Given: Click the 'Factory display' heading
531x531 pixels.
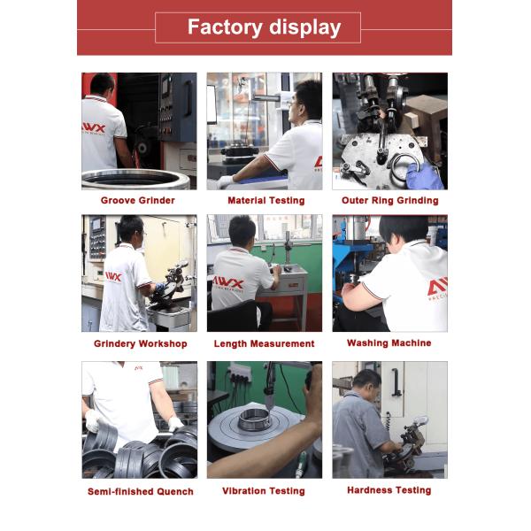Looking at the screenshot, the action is tap(264, 27).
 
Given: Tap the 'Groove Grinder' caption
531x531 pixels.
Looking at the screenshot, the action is tap(138, 201).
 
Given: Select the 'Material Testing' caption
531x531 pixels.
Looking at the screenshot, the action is tap(266, 201).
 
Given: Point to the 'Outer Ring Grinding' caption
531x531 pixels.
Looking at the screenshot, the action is tap(389, 201).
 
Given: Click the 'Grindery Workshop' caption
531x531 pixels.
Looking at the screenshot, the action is tap(141, 343).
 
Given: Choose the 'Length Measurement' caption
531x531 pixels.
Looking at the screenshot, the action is tap(264, 343).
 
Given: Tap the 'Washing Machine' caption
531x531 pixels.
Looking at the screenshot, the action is tap(389, 343).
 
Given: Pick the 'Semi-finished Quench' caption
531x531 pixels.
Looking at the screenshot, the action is tap(141, 491).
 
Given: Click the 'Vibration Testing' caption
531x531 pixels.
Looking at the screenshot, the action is tap(264, 490).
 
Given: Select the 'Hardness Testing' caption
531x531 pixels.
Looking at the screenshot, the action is tap(389, 490).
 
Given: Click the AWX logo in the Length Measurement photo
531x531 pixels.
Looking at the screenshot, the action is tap(227, 282).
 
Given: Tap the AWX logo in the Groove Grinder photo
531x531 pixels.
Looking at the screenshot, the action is tap(94, 128).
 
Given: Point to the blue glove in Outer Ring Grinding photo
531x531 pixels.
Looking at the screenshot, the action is tap(424, 176).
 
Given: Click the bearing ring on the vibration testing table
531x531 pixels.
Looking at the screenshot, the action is tap(255, 419).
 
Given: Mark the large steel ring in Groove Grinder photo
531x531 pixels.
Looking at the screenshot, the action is tap(135, 179).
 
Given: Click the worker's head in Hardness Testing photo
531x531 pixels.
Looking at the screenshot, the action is tap(367, 382).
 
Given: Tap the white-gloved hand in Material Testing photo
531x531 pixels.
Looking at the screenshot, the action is tap(224, 181).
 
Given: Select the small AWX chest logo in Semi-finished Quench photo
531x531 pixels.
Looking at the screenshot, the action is tap(139, 368).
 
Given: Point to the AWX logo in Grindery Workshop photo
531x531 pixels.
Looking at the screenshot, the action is tap(113, 277).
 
